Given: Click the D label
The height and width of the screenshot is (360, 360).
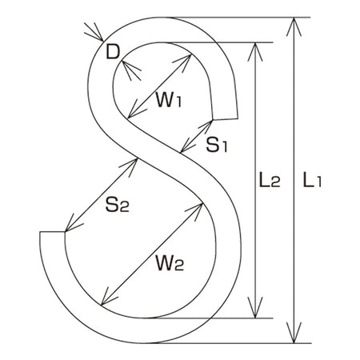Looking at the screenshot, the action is tap(113, 52).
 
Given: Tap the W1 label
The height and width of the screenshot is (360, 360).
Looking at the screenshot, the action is tap(169, 100).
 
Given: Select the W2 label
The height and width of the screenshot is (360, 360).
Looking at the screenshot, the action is tap(170, 263).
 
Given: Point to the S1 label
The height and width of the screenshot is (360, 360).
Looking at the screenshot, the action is tap(217, 146).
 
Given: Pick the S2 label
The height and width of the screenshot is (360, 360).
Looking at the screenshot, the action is tap(118, 205).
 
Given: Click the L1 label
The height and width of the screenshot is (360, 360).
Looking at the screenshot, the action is tap(312, 180).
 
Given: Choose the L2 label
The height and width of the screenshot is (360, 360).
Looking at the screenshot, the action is tap(270, 180).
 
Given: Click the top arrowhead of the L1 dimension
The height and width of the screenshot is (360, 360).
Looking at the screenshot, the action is tap(294, 26).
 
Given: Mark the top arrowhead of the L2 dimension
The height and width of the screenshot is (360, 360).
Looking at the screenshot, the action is tap(255, 52).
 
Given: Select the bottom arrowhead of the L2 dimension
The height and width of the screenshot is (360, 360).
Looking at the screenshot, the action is tap(255, 308).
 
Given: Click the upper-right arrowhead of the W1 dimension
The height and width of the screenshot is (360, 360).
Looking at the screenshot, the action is tap(184, 62).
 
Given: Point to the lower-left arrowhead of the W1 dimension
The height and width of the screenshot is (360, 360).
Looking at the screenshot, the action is tap(135, 110).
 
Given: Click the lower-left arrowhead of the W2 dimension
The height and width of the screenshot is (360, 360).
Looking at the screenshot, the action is tap(109, 297).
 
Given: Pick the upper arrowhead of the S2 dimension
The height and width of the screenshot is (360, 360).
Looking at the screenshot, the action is tap(130, 166).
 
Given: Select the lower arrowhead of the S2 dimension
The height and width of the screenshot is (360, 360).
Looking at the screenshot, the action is tap(73, 223).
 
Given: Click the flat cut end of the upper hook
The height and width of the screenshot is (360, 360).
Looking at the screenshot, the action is tap(225, 119).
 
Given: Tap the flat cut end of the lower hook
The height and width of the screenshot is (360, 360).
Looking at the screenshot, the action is tap(52, 232).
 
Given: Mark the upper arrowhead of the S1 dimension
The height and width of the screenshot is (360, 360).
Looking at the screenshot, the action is tap(206, 127).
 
